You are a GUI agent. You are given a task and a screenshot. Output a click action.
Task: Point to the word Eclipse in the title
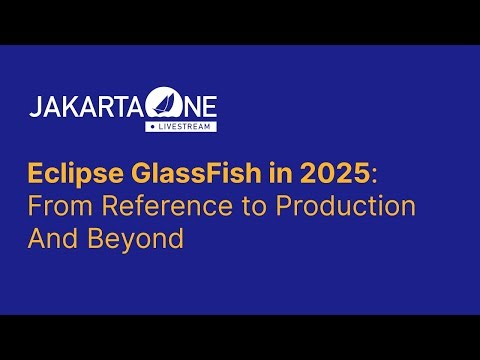point(65,173)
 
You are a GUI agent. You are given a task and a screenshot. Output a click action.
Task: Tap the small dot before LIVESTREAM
point(149,127)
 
